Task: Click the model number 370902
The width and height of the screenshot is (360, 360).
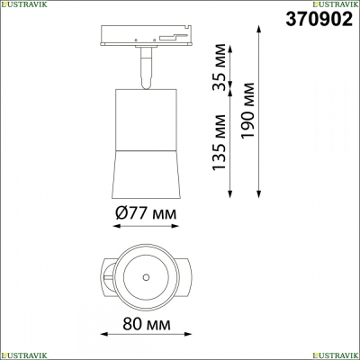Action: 319,19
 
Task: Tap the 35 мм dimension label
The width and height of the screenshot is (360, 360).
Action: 219,67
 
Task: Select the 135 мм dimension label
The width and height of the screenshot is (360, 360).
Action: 219,142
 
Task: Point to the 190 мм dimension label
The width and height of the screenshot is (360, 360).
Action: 248,111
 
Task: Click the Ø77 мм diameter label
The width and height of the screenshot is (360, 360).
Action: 146,213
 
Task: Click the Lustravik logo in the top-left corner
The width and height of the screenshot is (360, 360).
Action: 23,4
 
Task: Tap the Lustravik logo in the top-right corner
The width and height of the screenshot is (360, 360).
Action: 336,4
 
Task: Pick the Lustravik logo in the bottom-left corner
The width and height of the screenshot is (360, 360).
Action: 23,355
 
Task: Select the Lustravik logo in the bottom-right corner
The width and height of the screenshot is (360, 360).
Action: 336,355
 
